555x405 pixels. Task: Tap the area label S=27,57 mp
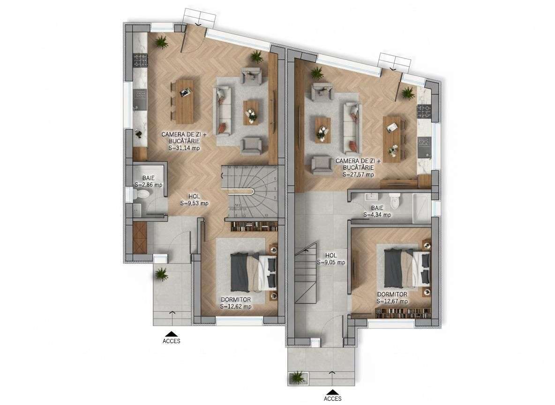point(358,174)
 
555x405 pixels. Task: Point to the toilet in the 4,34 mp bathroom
point(395,200)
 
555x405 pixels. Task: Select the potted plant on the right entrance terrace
point(297,376)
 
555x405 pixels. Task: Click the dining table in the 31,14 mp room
point(184,101)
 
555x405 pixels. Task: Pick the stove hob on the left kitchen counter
point(140,60)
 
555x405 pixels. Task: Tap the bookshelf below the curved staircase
point(254,227)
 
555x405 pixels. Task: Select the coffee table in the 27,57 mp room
point(322,129)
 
